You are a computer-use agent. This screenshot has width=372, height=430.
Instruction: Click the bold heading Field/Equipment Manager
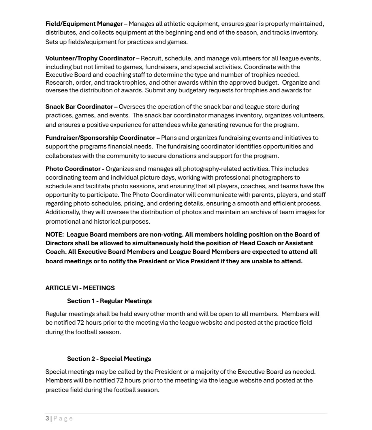click(84, 24)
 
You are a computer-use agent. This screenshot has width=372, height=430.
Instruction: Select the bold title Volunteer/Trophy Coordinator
click(90, 58)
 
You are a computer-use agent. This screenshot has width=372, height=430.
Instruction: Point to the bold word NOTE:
click(55, 235)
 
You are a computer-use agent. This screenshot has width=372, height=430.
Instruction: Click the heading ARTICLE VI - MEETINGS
click(80, 288)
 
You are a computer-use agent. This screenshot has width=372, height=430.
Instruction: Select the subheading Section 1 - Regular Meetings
click(109, 301)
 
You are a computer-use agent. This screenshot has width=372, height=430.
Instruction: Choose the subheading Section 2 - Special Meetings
click(109, 359)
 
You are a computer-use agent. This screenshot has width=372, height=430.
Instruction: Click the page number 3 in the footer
click(47, 418)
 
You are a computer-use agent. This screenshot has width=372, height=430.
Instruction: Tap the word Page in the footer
click(63, 418)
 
